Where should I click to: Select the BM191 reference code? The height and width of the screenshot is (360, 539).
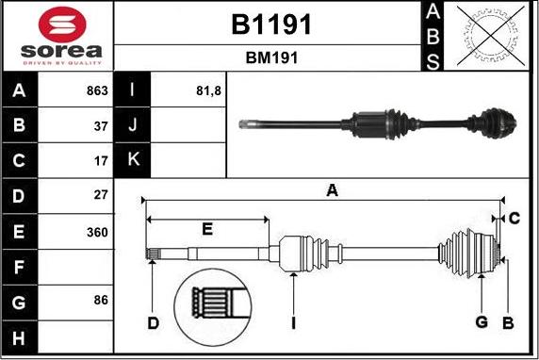tap(271, 57)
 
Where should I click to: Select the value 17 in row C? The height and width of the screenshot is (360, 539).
tap(102, 160)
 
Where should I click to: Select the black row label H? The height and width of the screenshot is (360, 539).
tap(20, 336)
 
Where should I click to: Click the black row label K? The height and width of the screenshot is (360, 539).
tap(132, 160)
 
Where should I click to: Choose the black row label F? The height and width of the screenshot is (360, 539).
tap(20, 267)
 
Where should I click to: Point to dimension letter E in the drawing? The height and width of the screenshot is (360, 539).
tap(207, 228)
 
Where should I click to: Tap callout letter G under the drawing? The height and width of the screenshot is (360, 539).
tap(482, 322)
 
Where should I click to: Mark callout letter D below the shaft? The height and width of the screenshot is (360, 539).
tap(153, 323)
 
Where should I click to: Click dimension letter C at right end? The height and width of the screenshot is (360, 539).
tap(514, 219)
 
